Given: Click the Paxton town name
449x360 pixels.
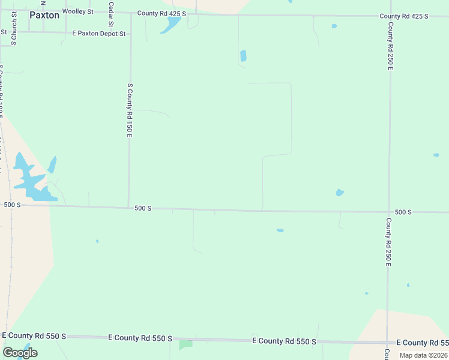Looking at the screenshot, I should point(44,15).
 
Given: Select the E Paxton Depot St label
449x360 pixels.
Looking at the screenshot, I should point(99,34).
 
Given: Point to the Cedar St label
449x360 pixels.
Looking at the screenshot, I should point(111,14).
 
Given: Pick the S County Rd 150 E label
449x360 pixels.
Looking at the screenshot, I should point(129,110).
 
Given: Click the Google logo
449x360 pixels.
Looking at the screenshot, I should point(20,353).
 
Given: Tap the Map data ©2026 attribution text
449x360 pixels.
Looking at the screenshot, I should point(423,355).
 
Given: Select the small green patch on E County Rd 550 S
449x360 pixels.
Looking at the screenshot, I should point(185,344).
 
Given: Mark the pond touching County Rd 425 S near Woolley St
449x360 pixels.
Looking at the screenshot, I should point(171,25).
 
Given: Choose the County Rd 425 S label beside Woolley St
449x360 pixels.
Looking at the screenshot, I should point(161,13).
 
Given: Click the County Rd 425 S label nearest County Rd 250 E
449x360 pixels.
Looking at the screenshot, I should point(403,16).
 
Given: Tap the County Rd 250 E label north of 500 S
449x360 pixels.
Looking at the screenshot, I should point(390,46).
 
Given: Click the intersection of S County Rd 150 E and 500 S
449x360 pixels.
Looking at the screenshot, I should point(128,208).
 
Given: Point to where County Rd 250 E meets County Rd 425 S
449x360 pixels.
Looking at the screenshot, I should point(390,16).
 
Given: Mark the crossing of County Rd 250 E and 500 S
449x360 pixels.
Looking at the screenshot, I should point(389,212).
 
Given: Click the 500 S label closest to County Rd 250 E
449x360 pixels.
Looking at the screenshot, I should point(403,212).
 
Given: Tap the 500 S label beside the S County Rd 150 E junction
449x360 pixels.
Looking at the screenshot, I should point(143,208).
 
